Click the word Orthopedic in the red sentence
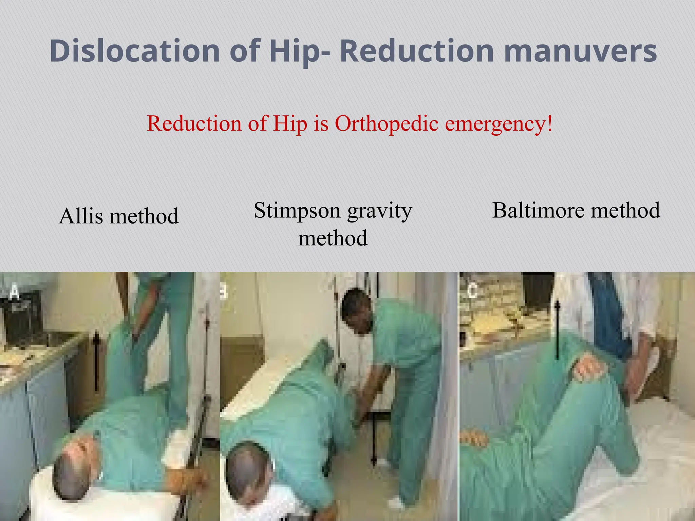tap(387, 123)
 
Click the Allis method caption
tap(119, 216)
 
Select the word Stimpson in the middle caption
tap(297, 210)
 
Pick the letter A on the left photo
tap(14, 292)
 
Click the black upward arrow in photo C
tap(557, 329)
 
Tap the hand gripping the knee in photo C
tap(589, 370)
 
